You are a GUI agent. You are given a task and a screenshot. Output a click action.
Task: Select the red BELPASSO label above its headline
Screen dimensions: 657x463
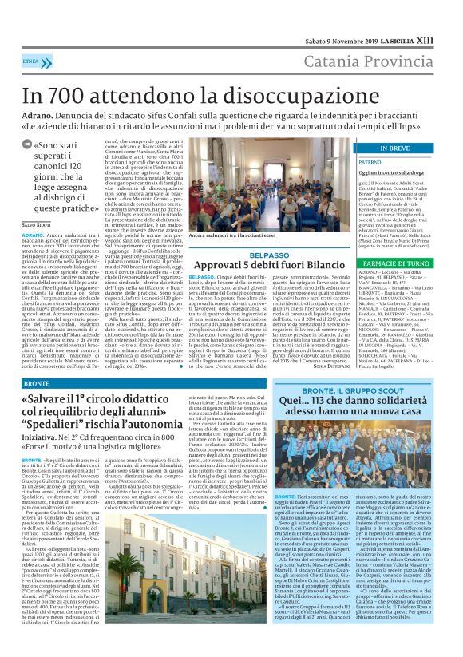[x=247, y=255]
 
